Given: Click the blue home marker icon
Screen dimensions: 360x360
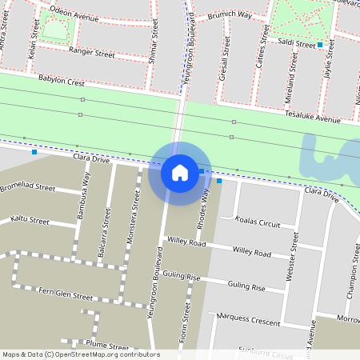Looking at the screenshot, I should (x=180, y=172).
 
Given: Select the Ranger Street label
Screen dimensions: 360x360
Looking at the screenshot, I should (x=92, y=52).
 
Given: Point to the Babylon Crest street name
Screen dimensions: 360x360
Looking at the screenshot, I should (x=61, y=81).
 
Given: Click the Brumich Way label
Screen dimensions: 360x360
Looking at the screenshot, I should (x=229, y=15).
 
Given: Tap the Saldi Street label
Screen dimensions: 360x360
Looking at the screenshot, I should (x=296, y=43).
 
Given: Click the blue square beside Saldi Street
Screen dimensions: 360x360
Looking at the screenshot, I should (x=320, y=45).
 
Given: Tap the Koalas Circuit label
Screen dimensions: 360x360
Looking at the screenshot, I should (x=258, y=223).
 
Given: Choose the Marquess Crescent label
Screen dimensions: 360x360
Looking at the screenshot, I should (x=249, y=321).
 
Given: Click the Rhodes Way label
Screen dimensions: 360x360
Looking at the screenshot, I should (x=205, y=207).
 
